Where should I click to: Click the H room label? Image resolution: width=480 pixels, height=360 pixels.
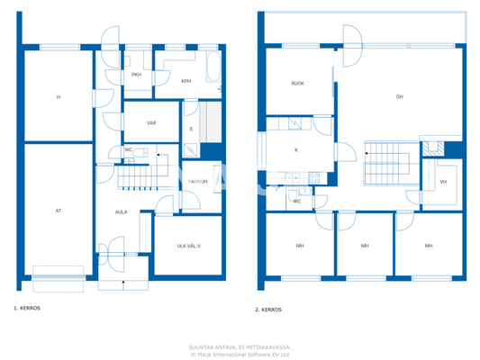click(58, 96)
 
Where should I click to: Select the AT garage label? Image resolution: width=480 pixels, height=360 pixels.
click(58, 211)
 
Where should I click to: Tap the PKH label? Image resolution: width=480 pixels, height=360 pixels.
click(136, 75)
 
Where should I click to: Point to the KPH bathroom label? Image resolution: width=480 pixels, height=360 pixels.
click(186, 81)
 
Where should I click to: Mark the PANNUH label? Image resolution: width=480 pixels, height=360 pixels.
click(198, 182)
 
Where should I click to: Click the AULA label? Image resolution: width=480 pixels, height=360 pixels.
click(121, 212)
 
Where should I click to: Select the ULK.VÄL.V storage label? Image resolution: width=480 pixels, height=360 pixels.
click(188, 245)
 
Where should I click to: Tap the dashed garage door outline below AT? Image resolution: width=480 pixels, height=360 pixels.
click(59, 272)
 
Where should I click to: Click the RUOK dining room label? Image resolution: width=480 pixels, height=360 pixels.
click(297, 83)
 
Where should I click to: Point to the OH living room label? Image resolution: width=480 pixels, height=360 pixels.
click(398, 96)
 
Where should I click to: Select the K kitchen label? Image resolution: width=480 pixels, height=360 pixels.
click(295, 150)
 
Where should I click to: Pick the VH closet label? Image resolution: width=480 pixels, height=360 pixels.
click(443, 183)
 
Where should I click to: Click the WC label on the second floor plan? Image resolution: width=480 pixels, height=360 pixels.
click(297, 202)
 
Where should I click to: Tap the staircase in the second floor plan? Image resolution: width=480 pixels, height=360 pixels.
click(386, 165)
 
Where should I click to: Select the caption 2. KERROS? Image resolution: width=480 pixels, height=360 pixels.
click(268, 309)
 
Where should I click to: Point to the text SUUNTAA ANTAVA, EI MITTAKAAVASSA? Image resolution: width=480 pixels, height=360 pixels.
click(240, 346)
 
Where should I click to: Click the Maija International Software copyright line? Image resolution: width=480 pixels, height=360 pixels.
click(240, 354)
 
